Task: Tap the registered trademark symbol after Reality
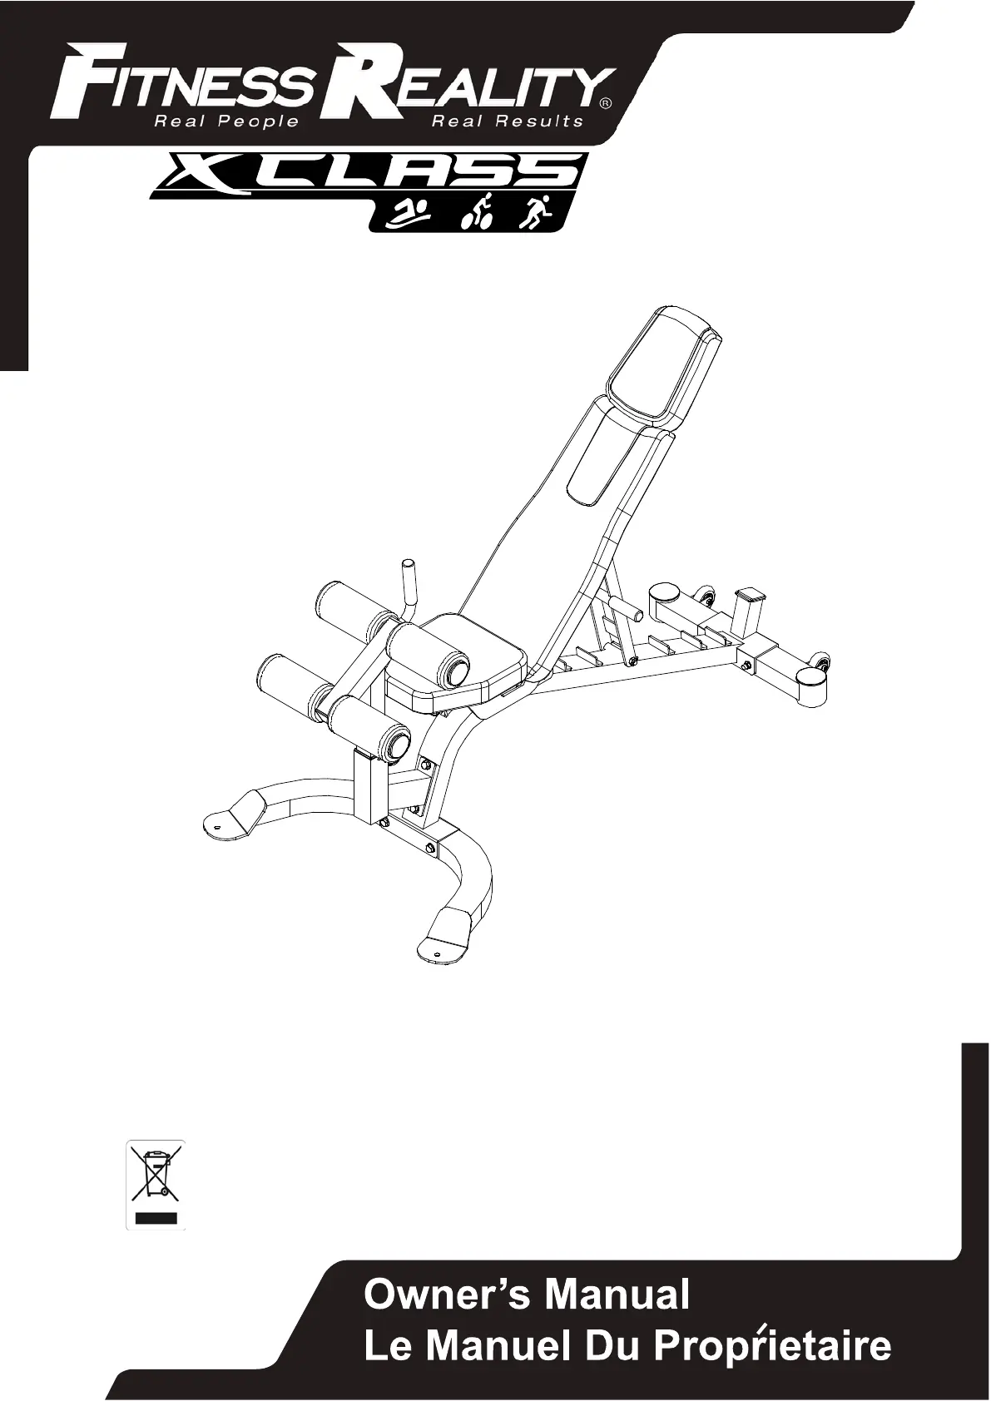pyautogui.click(x=605, y=104)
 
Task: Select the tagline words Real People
pyautogui.click(x=226, y=121)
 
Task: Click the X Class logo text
pyautogui.click(x=369, y=171)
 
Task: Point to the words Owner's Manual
pyautogui.click(x=527, y=1295)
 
